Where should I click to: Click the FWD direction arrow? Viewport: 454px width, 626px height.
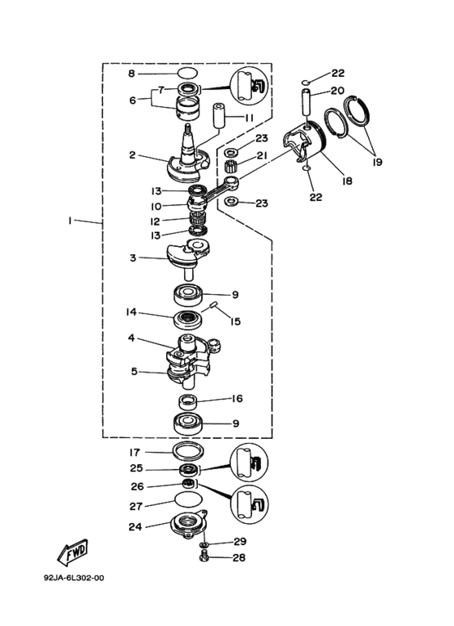coord(73,552)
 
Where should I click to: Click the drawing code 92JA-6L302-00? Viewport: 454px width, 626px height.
coord(74,577)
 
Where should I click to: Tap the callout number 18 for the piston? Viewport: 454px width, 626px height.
coord(347,181)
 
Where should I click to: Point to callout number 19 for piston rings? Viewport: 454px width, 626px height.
coord(377,162)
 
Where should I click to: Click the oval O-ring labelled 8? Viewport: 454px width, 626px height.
coord(187,74)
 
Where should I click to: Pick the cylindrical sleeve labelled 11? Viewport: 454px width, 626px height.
coord(219,115)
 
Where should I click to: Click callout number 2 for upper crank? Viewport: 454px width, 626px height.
coord(132,155)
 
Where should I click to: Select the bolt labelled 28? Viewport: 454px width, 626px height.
coord(203,556)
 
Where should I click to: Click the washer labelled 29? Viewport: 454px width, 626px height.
coord(204,544)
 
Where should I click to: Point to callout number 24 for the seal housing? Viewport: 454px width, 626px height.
coord(135,527)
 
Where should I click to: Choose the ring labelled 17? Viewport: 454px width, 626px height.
coord(189,451)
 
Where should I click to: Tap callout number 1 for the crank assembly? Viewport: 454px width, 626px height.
coord(70,220)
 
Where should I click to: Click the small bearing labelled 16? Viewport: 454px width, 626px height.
coord(188,402)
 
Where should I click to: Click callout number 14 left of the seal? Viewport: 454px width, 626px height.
coord(131,312)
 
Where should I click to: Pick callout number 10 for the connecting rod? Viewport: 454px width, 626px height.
coord(156,207)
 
